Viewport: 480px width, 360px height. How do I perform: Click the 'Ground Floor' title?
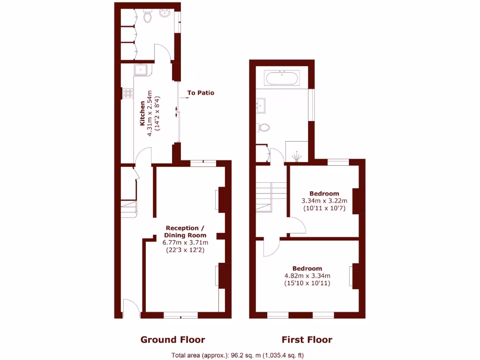[x=172, y=340]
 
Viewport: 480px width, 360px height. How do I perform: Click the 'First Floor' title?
[x=307, y=340]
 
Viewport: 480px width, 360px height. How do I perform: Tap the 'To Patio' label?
[x=201, y=93]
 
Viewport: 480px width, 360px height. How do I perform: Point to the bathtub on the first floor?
[x=282, y=78]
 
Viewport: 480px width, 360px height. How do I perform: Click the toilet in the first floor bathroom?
[x=264, y=127]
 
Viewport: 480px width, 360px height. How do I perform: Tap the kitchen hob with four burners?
[x=127, y=93]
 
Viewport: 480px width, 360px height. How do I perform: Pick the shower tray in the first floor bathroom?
[x=297, y=151]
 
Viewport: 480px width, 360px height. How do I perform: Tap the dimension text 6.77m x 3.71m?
[x=185, y=243]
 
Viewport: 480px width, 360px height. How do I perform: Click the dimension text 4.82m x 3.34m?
[x=307, y=276]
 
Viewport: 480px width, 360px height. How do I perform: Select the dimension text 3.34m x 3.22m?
[x=324, y=201]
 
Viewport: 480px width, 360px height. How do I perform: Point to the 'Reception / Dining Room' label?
[x=185, y=232]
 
